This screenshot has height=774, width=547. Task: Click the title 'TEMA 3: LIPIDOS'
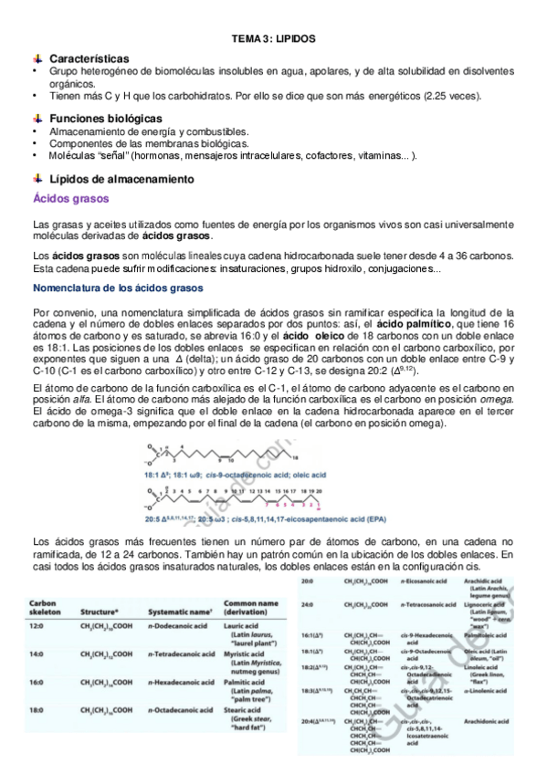(x=274, y=39)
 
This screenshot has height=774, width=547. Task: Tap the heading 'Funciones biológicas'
(x=106, y=119)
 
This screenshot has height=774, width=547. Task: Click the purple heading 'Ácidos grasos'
(x=70, y=199)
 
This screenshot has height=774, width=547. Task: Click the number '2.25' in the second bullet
(x=447, y=96)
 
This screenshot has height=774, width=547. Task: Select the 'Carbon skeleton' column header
(x=46, y=609)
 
